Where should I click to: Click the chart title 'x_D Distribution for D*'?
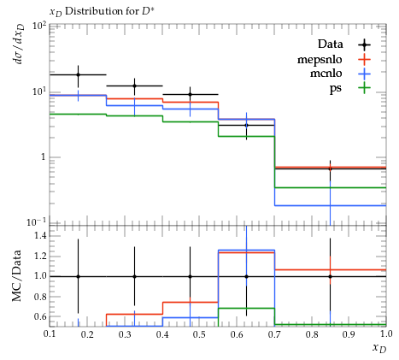click(103, 12)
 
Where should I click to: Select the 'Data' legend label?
click(331, 44)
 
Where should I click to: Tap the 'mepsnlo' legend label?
click(320, 60)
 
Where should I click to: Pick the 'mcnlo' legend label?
click(326, 74)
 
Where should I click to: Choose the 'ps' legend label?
click(336, 88)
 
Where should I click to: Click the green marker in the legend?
click(364, 88)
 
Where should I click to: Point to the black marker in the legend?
click(364, 44)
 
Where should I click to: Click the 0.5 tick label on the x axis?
click(199, 334)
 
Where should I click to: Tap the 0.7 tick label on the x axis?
click(274, 334)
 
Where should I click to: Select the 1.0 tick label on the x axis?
click(386, 333)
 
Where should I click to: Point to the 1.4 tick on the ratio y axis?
click(40, 235)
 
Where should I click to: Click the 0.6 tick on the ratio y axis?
click(40, 316)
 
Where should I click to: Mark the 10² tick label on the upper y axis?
click(39, 27)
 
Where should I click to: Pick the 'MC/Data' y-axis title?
click(17, 276)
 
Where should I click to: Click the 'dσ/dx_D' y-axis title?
click(19, 44)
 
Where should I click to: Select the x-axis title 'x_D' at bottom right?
click(379, 348)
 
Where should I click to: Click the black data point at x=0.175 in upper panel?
click(78, 75)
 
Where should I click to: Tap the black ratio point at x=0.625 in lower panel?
click(246, 276)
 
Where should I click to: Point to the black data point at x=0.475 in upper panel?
click(191, 94)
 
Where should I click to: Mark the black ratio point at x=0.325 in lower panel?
click(134, 276)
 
